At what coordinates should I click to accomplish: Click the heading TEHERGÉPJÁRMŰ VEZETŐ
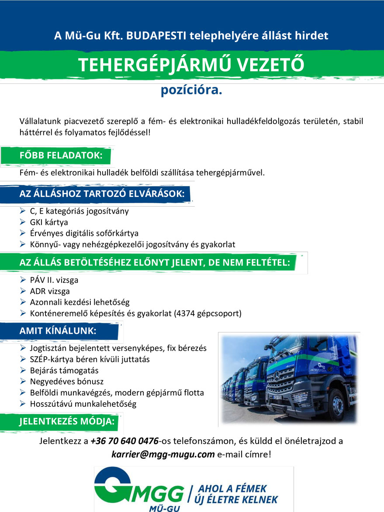[191, 65]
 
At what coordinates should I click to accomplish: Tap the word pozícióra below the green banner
[191, 90]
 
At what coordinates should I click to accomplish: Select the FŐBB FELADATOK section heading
[61, 156]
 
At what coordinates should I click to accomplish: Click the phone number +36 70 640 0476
[125, 441]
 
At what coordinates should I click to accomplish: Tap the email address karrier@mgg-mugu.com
[163, 454]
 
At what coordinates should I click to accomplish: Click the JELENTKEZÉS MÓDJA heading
[67, 422]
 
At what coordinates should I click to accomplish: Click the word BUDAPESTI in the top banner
[153, 35]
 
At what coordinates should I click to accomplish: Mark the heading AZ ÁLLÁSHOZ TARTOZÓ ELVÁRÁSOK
[102, 194]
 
